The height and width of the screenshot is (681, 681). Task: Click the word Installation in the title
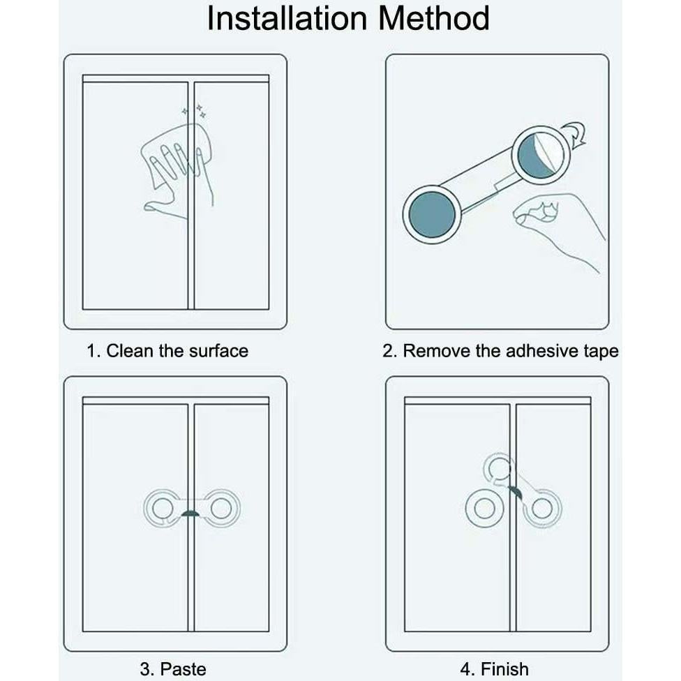(x=285, y=19)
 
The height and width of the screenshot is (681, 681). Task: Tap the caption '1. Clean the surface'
(x=167, y=350)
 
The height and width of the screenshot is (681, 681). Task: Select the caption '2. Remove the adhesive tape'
(x=500, y=350)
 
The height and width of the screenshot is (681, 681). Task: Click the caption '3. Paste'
(x=173, y=669)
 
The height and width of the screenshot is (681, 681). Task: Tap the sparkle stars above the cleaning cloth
(x=195, y=110)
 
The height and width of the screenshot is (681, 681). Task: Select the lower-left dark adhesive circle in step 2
(x=432, y=214)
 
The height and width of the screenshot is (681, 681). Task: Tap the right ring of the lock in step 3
(x=221, y=508)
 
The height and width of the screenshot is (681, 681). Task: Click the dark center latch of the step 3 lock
(x=190, y=514)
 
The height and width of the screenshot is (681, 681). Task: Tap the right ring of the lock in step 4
(x=542, y=509)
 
